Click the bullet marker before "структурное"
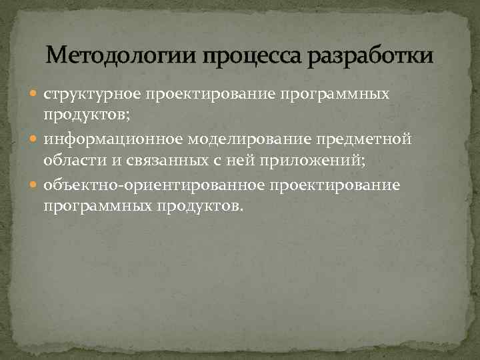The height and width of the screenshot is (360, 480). tap(37, 95)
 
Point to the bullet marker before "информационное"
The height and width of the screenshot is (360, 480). tap(37, 139)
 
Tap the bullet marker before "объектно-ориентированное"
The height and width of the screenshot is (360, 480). tap(37, 184)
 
